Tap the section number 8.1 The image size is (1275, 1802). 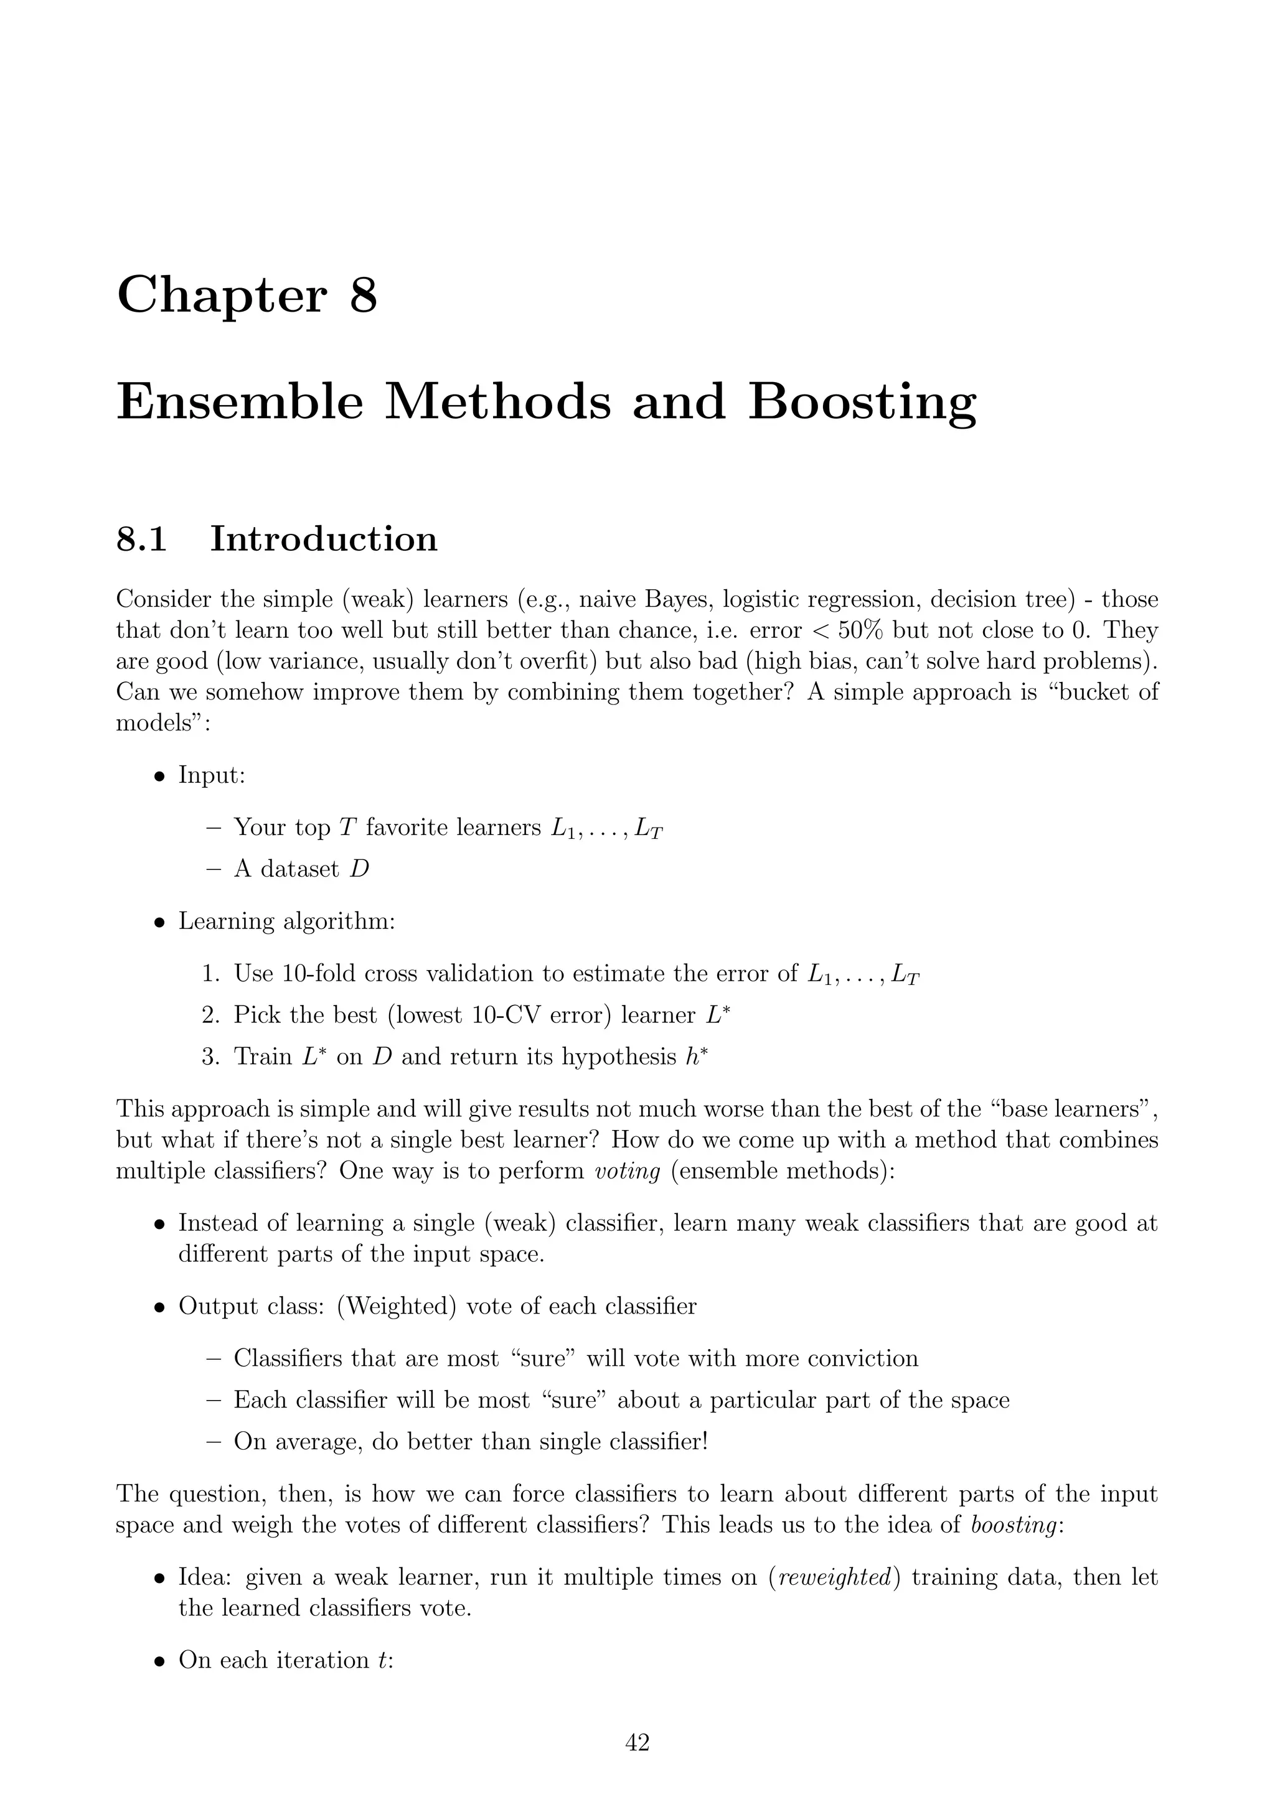[x=141, y=540]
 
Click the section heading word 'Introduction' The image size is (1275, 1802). [x=324, y=540]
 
